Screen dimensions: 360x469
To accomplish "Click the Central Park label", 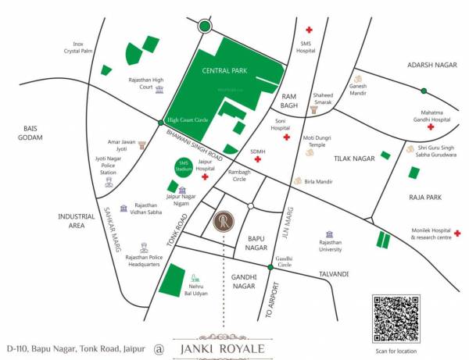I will click(x=225, y=71).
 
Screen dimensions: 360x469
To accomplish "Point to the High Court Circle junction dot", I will click(x=162, y=120).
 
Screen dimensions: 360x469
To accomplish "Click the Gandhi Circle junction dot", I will click(x=270, y=267).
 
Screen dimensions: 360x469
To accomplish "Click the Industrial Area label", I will click(x=76, y=220).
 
